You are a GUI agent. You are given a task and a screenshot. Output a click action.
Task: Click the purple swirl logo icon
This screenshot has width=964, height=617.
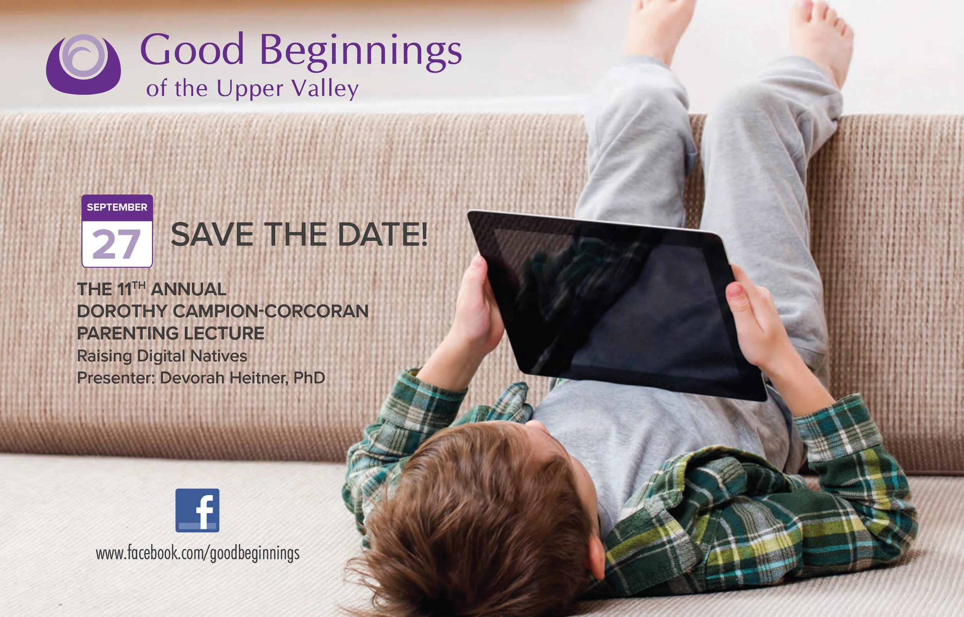tap(83, 64)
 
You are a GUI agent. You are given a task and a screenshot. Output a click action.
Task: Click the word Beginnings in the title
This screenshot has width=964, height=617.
tap(361, 51)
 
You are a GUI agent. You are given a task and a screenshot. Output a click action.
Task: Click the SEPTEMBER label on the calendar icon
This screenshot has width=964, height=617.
tap(117, 207)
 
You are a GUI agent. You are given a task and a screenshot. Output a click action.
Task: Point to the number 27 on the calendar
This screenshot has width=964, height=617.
tap(116, 245)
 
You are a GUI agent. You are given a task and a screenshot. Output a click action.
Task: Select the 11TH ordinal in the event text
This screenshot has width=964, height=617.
tap(131, 289)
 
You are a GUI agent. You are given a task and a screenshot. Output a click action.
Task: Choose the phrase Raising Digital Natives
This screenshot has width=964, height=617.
tap(162, 356)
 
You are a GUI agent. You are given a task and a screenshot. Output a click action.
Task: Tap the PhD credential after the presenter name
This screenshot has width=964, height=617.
tap(309, 378)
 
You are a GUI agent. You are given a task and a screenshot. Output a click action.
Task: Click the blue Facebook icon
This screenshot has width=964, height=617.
tap(197, 510)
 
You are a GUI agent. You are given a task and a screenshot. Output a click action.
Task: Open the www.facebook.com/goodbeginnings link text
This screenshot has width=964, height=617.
tap(198, 553)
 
